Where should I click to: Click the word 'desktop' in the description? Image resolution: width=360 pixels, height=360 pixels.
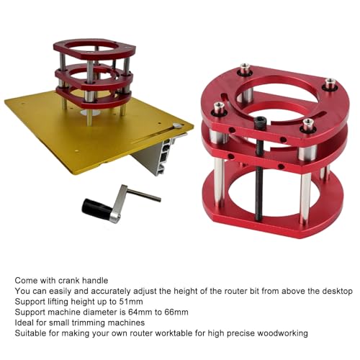(x=335, y=291)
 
